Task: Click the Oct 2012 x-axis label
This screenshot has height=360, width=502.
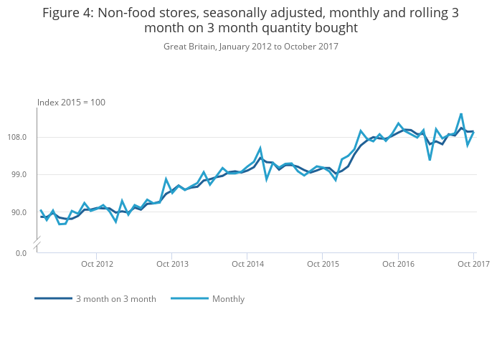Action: (97, 264)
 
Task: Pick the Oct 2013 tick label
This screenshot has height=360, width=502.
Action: (172, 264)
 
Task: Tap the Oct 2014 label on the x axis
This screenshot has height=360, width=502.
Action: (247, 264)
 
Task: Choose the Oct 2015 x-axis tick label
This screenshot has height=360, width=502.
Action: (323, 264)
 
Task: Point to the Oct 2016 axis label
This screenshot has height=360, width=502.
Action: (398, 264)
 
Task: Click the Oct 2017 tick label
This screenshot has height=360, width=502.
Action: (473, 264)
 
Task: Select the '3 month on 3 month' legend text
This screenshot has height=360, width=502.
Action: (116, 299)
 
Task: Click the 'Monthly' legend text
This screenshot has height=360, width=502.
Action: (228, 299)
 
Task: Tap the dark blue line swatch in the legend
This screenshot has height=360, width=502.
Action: (53, 298)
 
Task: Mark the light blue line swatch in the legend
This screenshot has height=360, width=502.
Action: (189, 298)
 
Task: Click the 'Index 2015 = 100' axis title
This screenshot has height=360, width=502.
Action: (71, 103)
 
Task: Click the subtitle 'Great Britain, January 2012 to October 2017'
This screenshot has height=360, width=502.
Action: (251, 47)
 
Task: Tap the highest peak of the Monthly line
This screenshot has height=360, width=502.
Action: (461, 114)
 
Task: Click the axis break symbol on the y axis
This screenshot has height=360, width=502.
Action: (37, 245)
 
